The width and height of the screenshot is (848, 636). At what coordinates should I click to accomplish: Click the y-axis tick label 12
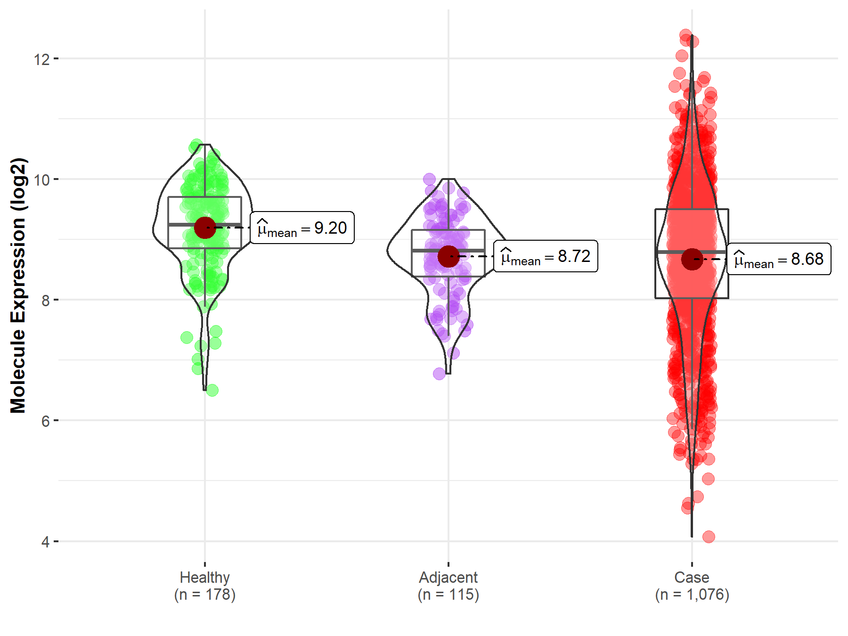41,59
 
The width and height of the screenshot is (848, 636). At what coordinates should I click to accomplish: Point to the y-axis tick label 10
41,179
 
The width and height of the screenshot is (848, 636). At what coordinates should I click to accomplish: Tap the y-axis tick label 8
45,300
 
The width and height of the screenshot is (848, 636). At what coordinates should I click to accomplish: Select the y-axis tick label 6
45,421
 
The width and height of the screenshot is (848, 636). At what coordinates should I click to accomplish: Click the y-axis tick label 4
45,542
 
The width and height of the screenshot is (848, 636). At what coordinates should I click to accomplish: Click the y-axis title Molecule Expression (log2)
18,285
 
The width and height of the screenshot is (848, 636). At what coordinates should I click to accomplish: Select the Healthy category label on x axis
204,577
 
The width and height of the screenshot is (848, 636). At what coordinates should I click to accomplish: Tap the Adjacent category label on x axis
448,577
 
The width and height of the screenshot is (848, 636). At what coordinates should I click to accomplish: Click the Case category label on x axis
692,577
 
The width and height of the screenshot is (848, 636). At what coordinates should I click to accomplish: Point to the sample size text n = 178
204,595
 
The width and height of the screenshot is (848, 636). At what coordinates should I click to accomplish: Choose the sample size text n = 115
448,595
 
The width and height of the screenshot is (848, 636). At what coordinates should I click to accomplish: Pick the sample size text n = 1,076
692,595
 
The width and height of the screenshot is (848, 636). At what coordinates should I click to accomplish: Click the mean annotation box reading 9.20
302,228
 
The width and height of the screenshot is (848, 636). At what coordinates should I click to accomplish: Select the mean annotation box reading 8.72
546,256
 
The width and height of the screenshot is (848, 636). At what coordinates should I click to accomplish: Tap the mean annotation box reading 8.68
779,259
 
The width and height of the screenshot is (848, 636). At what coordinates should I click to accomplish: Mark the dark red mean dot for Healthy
205,228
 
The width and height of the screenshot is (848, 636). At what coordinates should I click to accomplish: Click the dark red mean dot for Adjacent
448,256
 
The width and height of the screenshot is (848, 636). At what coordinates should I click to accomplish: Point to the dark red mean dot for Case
692,259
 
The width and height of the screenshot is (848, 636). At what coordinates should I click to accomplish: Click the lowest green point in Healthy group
212,390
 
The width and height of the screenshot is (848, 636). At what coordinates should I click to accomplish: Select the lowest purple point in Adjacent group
439,374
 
